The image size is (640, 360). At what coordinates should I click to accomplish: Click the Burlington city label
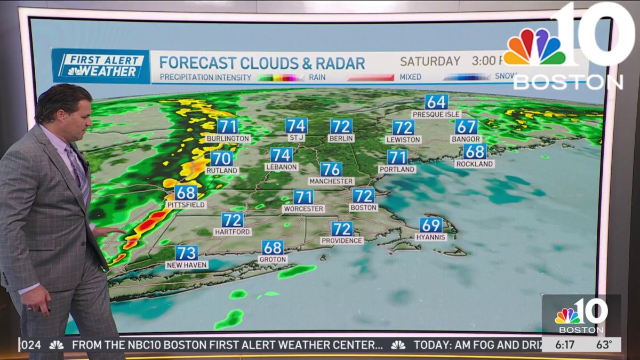point(228,139)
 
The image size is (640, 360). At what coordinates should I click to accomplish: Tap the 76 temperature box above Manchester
point(331,170)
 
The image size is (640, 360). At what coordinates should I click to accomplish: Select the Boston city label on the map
point(364,207)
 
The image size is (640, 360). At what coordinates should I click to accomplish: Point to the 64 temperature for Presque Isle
point(436,102)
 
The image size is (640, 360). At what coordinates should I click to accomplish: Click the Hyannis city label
point(431,237)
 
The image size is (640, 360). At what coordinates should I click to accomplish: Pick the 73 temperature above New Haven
point(187,253)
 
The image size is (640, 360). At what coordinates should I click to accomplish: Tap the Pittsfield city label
point(186,205)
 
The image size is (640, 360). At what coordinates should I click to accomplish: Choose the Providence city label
point(342,241)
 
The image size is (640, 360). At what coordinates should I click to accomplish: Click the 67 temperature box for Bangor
point(466,127)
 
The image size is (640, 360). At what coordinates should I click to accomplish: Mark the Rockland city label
point(475,164)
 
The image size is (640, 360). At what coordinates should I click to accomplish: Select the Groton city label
point(273,259)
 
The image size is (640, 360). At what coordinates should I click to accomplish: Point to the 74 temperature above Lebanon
point(281,155)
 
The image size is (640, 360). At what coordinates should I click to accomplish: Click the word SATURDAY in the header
point(430,61)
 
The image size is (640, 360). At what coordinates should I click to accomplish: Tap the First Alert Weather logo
point(101,66)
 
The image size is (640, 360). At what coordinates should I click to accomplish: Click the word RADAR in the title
point(340,63)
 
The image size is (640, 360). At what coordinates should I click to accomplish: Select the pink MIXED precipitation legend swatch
point(370,77)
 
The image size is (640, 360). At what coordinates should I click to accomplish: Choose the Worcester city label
point(303,209)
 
